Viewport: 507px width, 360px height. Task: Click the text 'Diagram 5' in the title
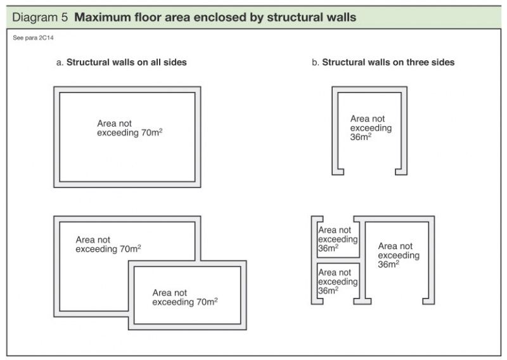pos(40,17)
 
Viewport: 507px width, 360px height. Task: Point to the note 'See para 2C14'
pos(30,39)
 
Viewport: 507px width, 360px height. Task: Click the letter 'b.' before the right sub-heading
pos(316,63)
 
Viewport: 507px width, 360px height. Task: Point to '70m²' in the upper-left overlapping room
pos(131,249)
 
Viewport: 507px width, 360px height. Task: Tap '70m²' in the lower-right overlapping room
pos(207,302)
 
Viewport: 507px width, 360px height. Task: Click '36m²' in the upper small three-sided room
pos(328,248)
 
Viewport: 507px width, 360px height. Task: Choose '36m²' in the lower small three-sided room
pos(328,290)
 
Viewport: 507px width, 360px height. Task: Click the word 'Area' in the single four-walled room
pos(106,124)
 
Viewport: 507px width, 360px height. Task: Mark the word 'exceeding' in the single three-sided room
pos(371,127)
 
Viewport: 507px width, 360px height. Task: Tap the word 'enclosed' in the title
pos(233,17)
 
